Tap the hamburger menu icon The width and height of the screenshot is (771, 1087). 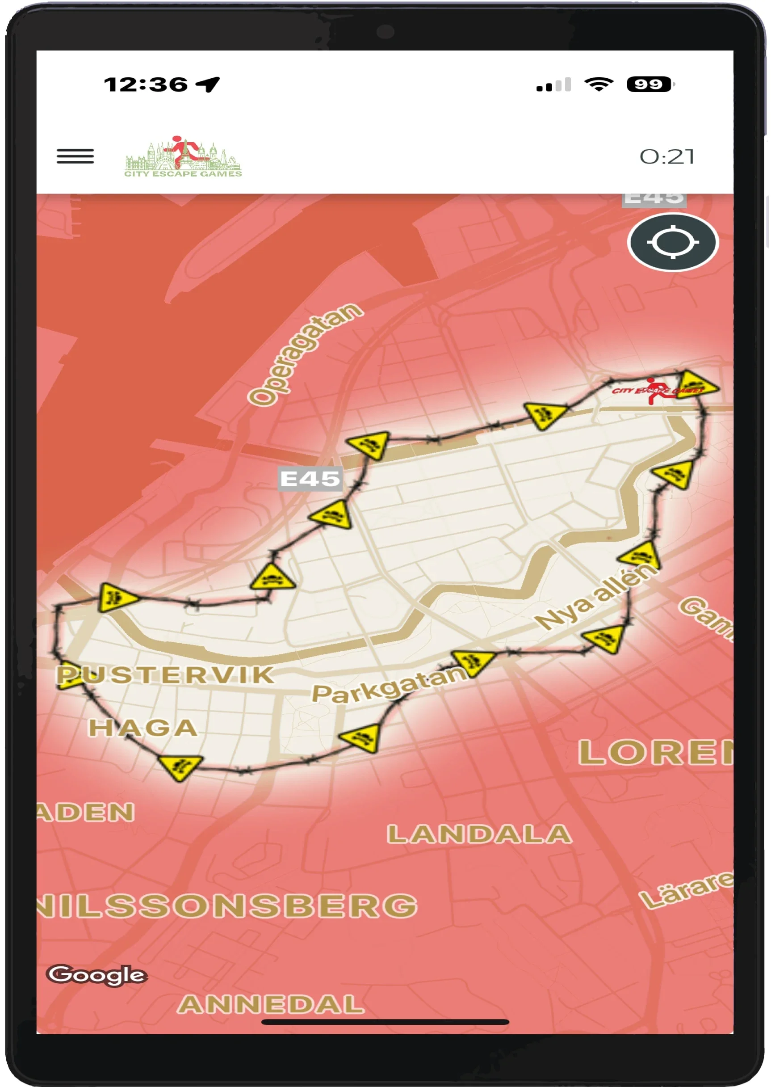pyautogui.click(x=75, y=156)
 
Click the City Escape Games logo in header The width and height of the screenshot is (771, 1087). pyautogui.click(x=183, y=157)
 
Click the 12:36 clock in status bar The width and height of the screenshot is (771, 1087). pyautogui.click(x=146, y=85)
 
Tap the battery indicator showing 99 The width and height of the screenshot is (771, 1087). pyautogui.click(x=649, y=84)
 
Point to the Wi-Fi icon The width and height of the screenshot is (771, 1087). pyautogui.click(x=599, y=84)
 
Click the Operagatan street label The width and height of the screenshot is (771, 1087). pyautogui.click(x=305, y=354)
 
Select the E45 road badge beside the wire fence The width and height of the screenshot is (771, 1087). pyautogui.click(x=310, y=478)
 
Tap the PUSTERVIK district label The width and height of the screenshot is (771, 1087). pyautogui.click(x=166, y=674)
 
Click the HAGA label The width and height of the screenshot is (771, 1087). pyautogui.click(x=143, y=728)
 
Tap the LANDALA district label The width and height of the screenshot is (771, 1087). pyautogui.click(x=479, y=834)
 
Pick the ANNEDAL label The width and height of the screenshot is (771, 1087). pyautogui.click(x=271, y=1004)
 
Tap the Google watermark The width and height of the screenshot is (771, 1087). pyautogui.click(x=97, y=974)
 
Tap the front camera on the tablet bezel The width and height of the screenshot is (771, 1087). pyautogui.click(x=385, y=32)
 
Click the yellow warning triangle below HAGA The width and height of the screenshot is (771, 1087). pyautogui.click(x=180, y=766)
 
